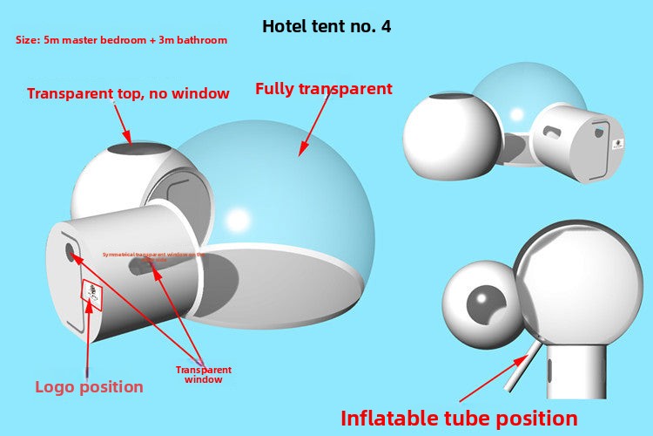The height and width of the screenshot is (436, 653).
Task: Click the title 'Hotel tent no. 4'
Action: pos(326,26)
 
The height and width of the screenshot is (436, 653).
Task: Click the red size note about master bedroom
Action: pos(122,40)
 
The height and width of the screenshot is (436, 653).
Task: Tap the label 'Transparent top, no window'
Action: pos(128,93)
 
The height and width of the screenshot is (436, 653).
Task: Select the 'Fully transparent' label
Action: pos(323,88)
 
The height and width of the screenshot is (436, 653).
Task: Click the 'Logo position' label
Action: pos(89,386)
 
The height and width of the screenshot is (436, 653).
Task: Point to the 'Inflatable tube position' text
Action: pos(459,418)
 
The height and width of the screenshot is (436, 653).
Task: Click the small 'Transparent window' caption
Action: pos(204,374)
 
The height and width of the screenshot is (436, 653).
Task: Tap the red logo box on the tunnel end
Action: pos(92,295)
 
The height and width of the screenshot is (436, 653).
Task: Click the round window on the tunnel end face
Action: pos(71,253)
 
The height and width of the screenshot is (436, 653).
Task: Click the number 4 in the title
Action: pos(385,26)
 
